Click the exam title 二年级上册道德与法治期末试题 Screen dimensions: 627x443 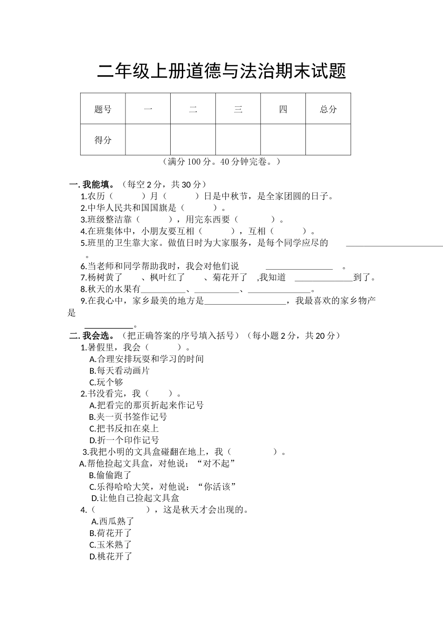tap(221, 72)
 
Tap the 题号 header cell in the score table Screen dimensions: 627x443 tap(103, 109)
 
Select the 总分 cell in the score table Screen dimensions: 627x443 tap(328, 109)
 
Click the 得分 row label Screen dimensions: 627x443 tap(103, 140)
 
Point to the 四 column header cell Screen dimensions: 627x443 tap(283, 109)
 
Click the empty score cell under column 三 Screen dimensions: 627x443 tap(238, 140)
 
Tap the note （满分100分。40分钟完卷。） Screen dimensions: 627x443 tap(221, 162)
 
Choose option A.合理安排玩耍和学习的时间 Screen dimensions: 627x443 tap(146, 359)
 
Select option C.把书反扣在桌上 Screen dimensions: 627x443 tap(124, 428)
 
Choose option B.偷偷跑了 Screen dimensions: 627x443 tap(110, 475)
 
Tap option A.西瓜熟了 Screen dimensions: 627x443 tap(113, 521)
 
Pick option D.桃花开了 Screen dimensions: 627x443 tap(111, 556)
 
